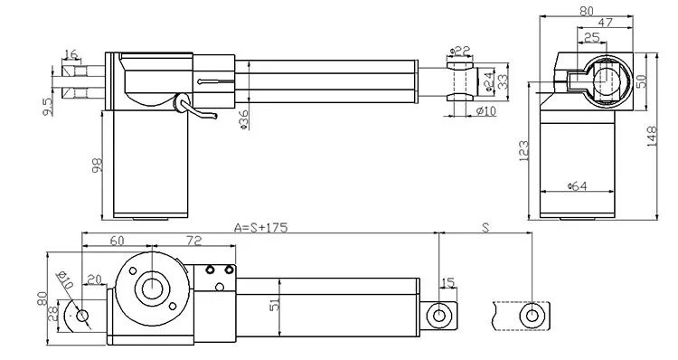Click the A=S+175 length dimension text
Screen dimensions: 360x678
[260, 227]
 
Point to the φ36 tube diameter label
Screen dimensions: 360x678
[243, 119]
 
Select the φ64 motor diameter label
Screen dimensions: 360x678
[579, 186]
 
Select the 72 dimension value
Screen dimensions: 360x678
[193, 242]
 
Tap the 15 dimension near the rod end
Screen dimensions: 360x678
[448, 283]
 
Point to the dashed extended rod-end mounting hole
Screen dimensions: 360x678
[533, 315]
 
